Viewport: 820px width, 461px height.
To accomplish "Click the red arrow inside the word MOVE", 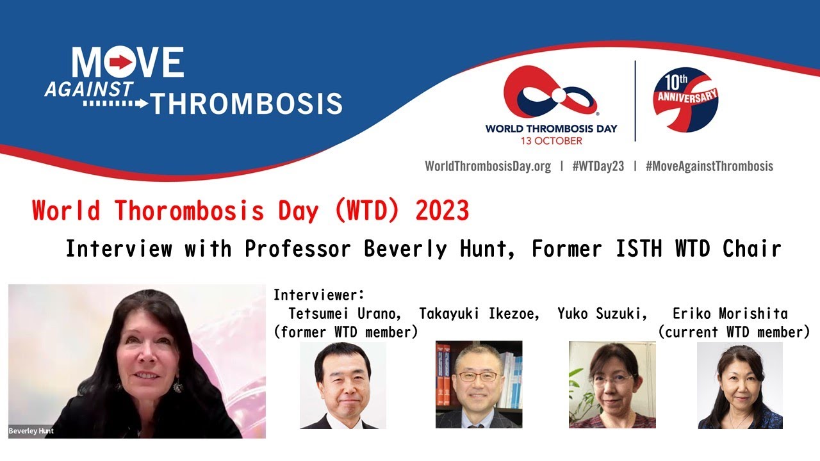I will click(120, 61).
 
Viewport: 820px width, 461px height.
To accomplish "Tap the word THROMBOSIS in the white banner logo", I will click(247, 103).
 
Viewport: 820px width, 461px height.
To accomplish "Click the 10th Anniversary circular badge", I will click(685, 99).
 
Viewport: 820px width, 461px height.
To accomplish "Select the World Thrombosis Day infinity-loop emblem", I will click(550, 94).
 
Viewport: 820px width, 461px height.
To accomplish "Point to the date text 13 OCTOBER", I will click(551, 141).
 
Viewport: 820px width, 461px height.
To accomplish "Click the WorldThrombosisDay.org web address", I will click(488, 166).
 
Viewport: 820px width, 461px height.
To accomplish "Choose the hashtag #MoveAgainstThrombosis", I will click(709, 166).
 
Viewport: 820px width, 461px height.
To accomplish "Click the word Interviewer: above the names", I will click(319, 295).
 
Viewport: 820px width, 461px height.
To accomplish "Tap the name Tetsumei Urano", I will click(345, 314).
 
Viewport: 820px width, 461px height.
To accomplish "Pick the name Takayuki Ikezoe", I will click(479, 314).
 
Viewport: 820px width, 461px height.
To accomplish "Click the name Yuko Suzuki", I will click(602, 314).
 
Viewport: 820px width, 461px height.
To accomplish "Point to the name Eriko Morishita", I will click(730, 314).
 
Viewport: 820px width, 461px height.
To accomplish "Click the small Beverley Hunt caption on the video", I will click(31, 431).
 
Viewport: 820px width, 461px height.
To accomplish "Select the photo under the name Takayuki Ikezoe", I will click(479, 384).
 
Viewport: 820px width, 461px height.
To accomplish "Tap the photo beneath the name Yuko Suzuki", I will click(612, 384).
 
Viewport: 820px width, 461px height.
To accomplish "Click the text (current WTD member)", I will click(734, 332).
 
